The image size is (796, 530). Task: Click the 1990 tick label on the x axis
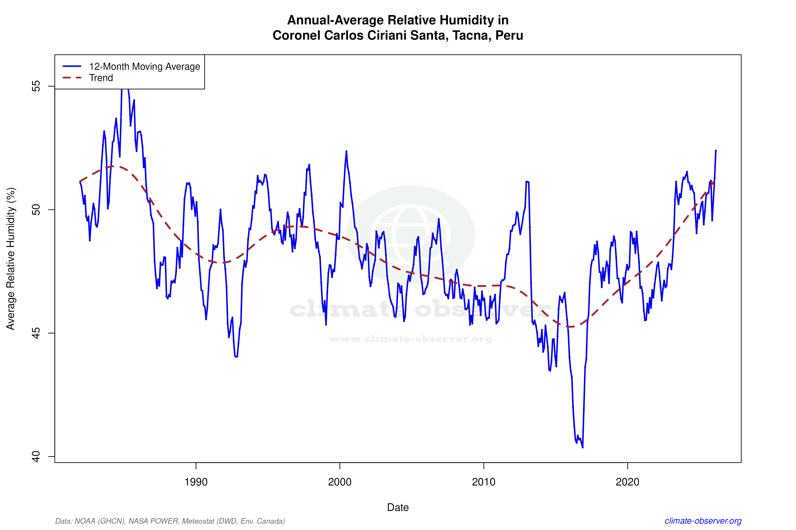coord(196,482)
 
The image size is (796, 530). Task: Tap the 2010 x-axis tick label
coord(483,482)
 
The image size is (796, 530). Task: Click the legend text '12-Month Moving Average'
coord(145,67)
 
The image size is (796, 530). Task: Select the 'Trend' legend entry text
coord(101,78)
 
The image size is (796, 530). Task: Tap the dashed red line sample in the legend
coord(72,78)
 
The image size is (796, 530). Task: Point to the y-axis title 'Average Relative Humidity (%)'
coord(11,259)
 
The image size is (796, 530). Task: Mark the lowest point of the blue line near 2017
coord(582,447)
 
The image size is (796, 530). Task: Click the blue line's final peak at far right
coord(716,151)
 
